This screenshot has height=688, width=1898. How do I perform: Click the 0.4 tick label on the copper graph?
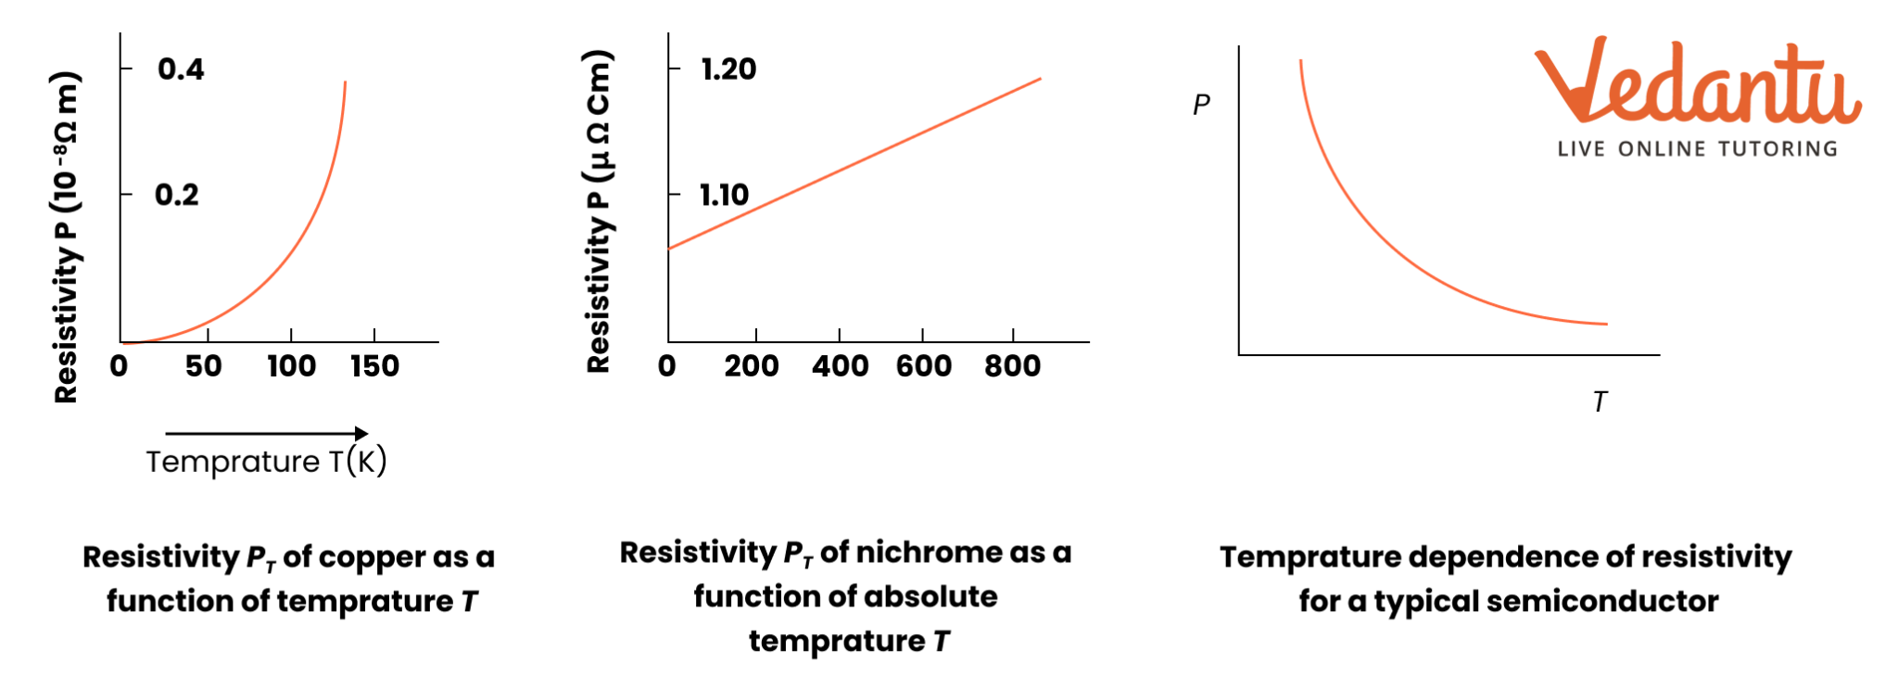pyautogui.click(x=181, y=69)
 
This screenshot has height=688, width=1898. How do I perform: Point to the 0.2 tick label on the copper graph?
pyautogui.click(x=177, y=195)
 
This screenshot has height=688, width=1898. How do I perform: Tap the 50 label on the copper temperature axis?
pyautogui.click(x=204, y=366)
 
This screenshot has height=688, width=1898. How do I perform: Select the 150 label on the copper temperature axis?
pyautogui.click(x=375, y=366)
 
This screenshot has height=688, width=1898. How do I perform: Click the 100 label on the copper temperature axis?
pyautogui.click(x=292, y=366)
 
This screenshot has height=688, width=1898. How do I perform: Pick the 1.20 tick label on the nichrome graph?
pyautogui.click(x=728, y=69)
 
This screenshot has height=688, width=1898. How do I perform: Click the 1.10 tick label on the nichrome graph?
pyautogui.click(x=724, y=195)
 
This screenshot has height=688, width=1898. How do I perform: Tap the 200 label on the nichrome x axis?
pyautogui.click(x=752, y=366)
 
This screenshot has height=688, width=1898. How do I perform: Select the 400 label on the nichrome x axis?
pyautogui.click(x=841, y=366)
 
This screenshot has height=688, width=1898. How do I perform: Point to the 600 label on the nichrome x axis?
pyautogui.click(x=924, y=366)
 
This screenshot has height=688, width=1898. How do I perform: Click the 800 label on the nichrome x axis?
pyautogui.click(x=1013, y=366)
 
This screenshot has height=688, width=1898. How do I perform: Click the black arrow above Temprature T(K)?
pyautogui.click(x=267, y=433)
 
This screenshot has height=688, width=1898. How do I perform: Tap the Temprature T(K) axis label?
pyautogui.click(x=266, y=462)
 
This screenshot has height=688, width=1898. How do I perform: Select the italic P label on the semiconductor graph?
pyautogui.click(x=1201, y=105)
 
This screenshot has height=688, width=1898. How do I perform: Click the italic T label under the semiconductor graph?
pyautogui.click(x=1600, y=402)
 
